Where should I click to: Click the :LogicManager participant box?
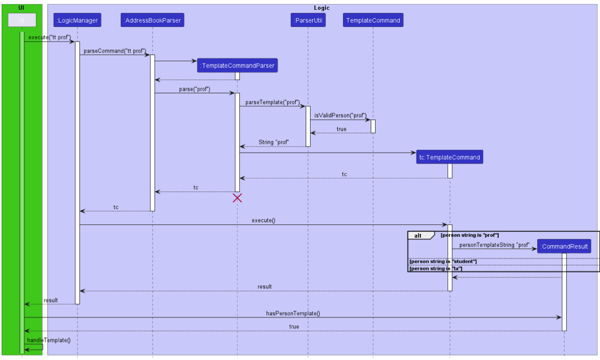[77, 20]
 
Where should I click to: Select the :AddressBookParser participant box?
[152, 20]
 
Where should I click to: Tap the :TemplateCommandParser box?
[237, 66]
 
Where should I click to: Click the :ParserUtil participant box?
[308, 20]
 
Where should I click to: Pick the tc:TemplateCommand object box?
[450, 157]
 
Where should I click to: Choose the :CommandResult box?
[564, 247]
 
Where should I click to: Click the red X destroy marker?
[237, 198]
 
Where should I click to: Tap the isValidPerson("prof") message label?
[340, 115]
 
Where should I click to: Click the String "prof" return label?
[273, 142]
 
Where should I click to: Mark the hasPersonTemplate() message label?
[293, 313]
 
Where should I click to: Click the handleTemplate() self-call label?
[49, 340]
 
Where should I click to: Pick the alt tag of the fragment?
[418, 235]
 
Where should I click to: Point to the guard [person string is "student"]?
[443, 262]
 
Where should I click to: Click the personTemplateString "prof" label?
[494, 245]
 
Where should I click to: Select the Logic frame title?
[322, 8]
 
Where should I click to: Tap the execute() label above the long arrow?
[263, 221]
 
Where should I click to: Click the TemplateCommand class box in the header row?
[373, 20]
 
